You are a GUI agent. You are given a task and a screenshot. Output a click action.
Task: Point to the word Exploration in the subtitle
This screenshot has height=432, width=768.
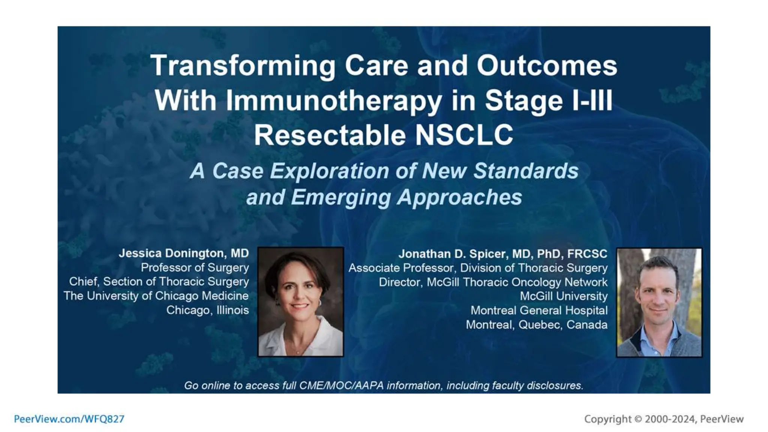(330, 171)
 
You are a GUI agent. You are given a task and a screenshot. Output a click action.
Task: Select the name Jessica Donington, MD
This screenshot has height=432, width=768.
(183, 253)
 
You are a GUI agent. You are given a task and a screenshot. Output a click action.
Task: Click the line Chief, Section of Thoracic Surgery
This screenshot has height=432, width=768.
(159, 282)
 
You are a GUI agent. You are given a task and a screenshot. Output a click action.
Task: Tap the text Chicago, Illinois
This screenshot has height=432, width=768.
(207, 310)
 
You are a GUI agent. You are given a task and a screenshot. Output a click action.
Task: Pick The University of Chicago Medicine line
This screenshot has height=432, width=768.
(156, 296)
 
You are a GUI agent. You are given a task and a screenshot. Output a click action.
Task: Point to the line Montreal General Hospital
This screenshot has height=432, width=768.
(539, 310)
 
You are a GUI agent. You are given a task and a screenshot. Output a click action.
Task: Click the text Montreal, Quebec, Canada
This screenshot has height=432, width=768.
(536, 325)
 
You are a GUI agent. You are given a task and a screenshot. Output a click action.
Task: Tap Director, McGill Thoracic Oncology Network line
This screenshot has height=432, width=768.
(493, 282)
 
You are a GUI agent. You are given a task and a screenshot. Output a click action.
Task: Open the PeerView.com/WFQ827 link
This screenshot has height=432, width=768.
(69, 419)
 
